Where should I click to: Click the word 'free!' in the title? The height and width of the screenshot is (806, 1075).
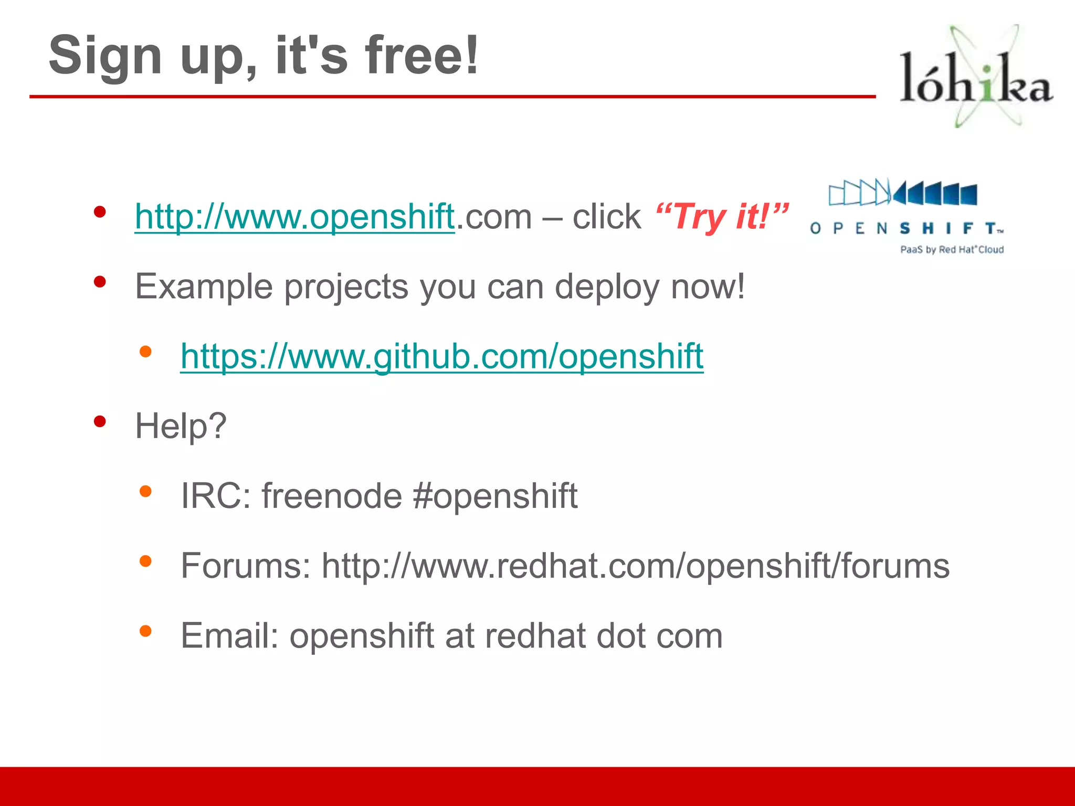(421, 55)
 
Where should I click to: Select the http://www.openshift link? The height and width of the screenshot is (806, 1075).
(294, 216)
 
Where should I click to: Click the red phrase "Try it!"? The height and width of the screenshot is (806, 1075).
(722, 216)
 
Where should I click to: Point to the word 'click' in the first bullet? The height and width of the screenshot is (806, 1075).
(606, 216)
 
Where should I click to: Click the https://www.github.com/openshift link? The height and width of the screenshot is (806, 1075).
(441, 356)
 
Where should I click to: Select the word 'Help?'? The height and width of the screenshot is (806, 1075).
(181, 426)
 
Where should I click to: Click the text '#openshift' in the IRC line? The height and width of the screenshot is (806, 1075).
(495, 496)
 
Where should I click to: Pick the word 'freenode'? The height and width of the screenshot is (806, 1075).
(332, 496)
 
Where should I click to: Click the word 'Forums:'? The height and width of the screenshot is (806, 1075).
(246, 566)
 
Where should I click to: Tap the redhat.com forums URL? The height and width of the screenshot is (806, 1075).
(635, 566)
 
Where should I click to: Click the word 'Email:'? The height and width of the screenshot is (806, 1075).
(229, 635)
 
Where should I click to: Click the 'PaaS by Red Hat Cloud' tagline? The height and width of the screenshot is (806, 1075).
(952, 250)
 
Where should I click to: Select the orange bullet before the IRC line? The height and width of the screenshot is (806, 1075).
(145, 492)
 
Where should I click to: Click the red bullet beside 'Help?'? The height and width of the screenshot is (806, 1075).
(100, 421)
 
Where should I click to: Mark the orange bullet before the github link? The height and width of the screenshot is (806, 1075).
(145, 352)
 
